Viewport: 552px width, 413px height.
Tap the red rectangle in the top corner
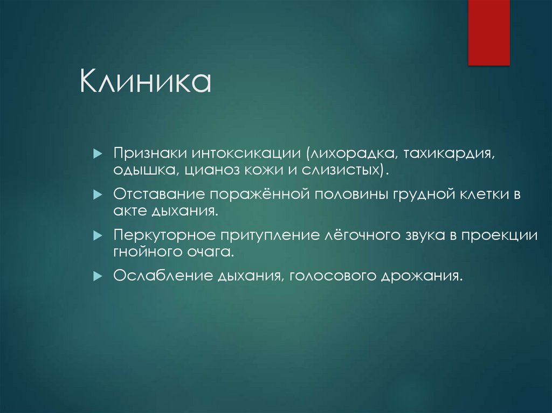tap(488, 32)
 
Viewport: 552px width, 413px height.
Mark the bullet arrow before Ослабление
tap(98, 276)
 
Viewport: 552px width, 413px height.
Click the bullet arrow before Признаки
tap(98, 154)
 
